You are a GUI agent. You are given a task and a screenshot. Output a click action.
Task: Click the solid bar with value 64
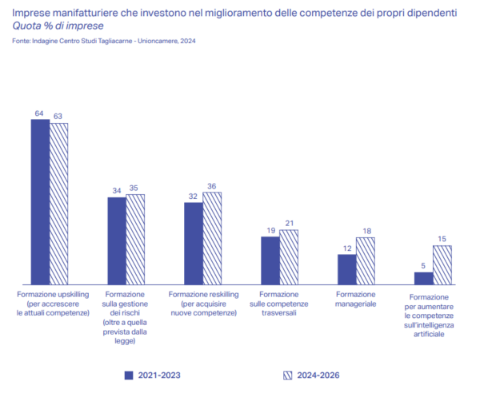coord(40,202)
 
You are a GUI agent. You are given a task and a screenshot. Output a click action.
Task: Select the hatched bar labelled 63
coord(58,204)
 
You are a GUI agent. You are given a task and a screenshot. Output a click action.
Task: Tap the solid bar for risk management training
coord(117,241)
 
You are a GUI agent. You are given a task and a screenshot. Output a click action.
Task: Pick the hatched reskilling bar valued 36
coord(212,238)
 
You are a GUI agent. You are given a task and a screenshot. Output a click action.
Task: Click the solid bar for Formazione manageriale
coord(347,269)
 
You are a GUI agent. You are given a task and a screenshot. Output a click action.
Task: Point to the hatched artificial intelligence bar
coord(442,265)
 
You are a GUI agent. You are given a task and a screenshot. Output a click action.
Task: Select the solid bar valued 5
coord(424,279)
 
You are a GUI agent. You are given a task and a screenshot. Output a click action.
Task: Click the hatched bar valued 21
coord(289,257)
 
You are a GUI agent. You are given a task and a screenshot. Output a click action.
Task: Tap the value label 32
coord(193,197)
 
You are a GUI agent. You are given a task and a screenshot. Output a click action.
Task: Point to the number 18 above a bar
coord(366,231)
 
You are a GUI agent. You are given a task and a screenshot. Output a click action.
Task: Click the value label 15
coord(442,239)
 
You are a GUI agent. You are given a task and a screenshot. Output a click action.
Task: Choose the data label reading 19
coord(271,230)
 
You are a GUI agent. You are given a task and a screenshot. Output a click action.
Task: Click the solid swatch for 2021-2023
coord(129,375)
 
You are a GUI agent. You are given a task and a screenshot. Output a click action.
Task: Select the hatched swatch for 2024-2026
coord(287,375)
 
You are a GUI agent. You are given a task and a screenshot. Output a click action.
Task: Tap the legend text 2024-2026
coord(318,375)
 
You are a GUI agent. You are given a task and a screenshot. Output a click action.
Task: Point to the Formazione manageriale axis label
coord(355,300)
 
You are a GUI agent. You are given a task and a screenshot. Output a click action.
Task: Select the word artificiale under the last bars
coord(429,334)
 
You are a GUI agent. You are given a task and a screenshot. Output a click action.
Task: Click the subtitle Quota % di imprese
coord(58,26)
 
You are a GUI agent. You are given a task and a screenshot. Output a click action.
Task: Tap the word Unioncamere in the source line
coord(158,41)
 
